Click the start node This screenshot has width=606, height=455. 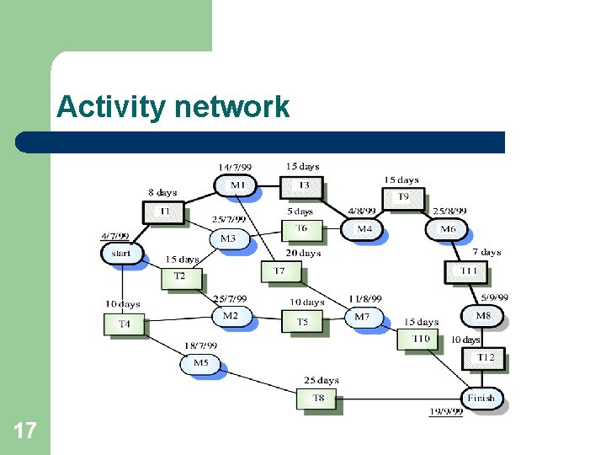121,252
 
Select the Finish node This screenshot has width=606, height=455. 481,397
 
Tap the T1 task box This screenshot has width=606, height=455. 163,211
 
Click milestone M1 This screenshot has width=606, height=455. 237,185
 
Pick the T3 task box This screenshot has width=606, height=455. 304,185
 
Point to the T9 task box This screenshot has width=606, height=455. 403,197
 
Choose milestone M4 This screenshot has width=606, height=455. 364,228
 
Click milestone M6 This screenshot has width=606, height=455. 447,228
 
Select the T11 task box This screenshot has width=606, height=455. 468,270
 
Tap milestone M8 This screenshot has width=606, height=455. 482,315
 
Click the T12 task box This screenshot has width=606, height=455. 485,357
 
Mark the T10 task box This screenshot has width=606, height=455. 420,339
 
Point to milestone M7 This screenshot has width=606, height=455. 362,317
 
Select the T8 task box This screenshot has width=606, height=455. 318,398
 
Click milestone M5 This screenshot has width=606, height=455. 200,363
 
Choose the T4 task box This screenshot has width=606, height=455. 124,323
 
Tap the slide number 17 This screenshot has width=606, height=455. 24,431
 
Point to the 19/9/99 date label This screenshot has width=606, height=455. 445,411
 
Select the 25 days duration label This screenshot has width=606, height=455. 322,381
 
